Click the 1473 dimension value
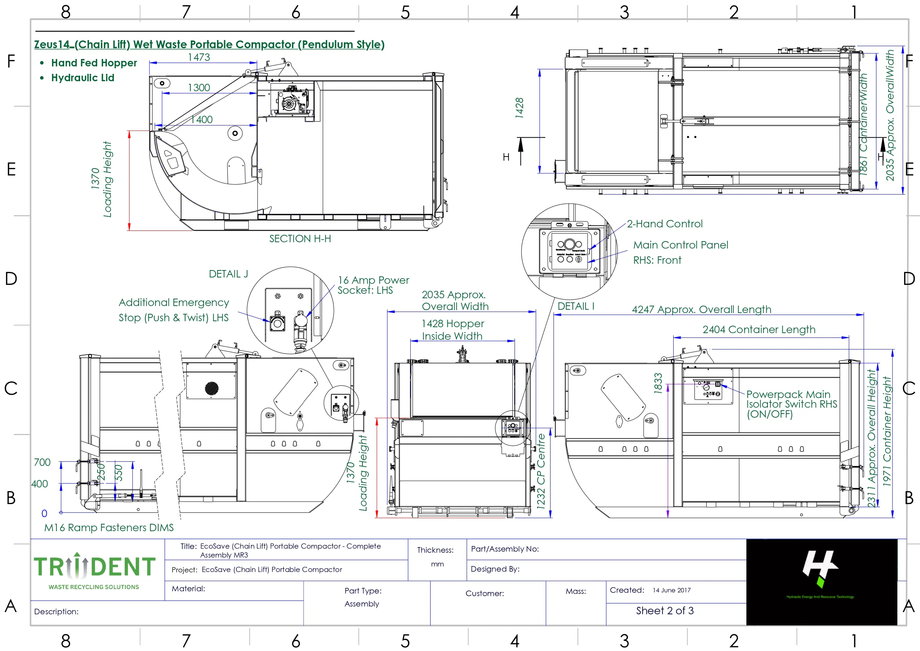pos(199,57)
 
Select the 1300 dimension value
pos(199,88)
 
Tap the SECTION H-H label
pos(300,239)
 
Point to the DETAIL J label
pos(228,274)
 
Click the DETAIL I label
pos(576,307)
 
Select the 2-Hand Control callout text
pos(664,224)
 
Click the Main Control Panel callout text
pos(680,245)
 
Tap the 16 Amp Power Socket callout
pos(373,285)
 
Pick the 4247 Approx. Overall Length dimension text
pos(701,309)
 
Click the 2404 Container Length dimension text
pos(759,329)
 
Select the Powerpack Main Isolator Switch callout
pos(791,404)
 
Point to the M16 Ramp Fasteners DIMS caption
pos(109,527)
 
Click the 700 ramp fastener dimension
pos(42,463)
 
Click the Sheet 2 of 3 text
pos(664,611)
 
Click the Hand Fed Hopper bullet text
pos(94,63)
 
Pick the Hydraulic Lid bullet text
pos(83,78)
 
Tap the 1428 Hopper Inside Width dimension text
pos(452,330)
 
